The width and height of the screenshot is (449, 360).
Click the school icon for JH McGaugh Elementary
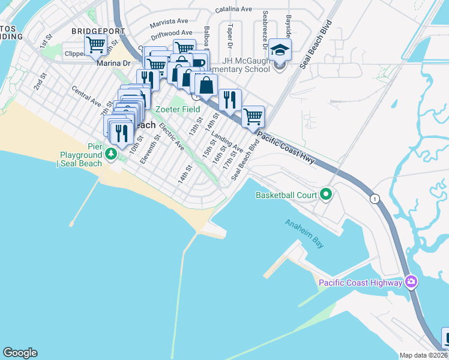point(280,50)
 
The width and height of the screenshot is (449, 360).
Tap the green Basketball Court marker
point(326,194)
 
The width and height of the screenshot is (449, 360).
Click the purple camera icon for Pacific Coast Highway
point(411,281)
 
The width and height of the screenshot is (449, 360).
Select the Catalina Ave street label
point(234,9)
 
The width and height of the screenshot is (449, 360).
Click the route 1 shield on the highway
point(375,199)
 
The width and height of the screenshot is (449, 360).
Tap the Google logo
point(20,353)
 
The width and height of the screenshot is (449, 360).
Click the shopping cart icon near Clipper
point(95,44)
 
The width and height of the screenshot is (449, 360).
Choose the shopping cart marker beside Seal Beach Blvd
point(253,116)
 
